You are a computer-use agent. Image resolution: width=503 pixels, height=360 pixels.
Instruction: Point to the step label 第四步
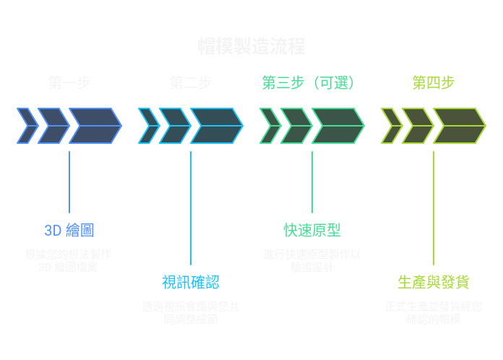tap(434, 83)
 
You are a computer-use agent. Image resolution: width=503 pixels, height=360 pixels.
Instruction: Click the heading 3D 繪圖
tap(69, 231)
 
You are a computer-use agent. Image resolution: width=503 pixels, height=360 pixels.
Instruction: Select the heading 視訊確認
tap(191, 283)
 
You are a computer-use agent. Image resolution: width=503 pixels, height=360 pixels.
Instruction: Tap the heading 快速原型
tap(312, 231)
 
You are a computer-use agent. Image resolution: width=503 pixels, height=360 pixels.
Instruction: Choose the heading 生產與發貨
tap(434, 283)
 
